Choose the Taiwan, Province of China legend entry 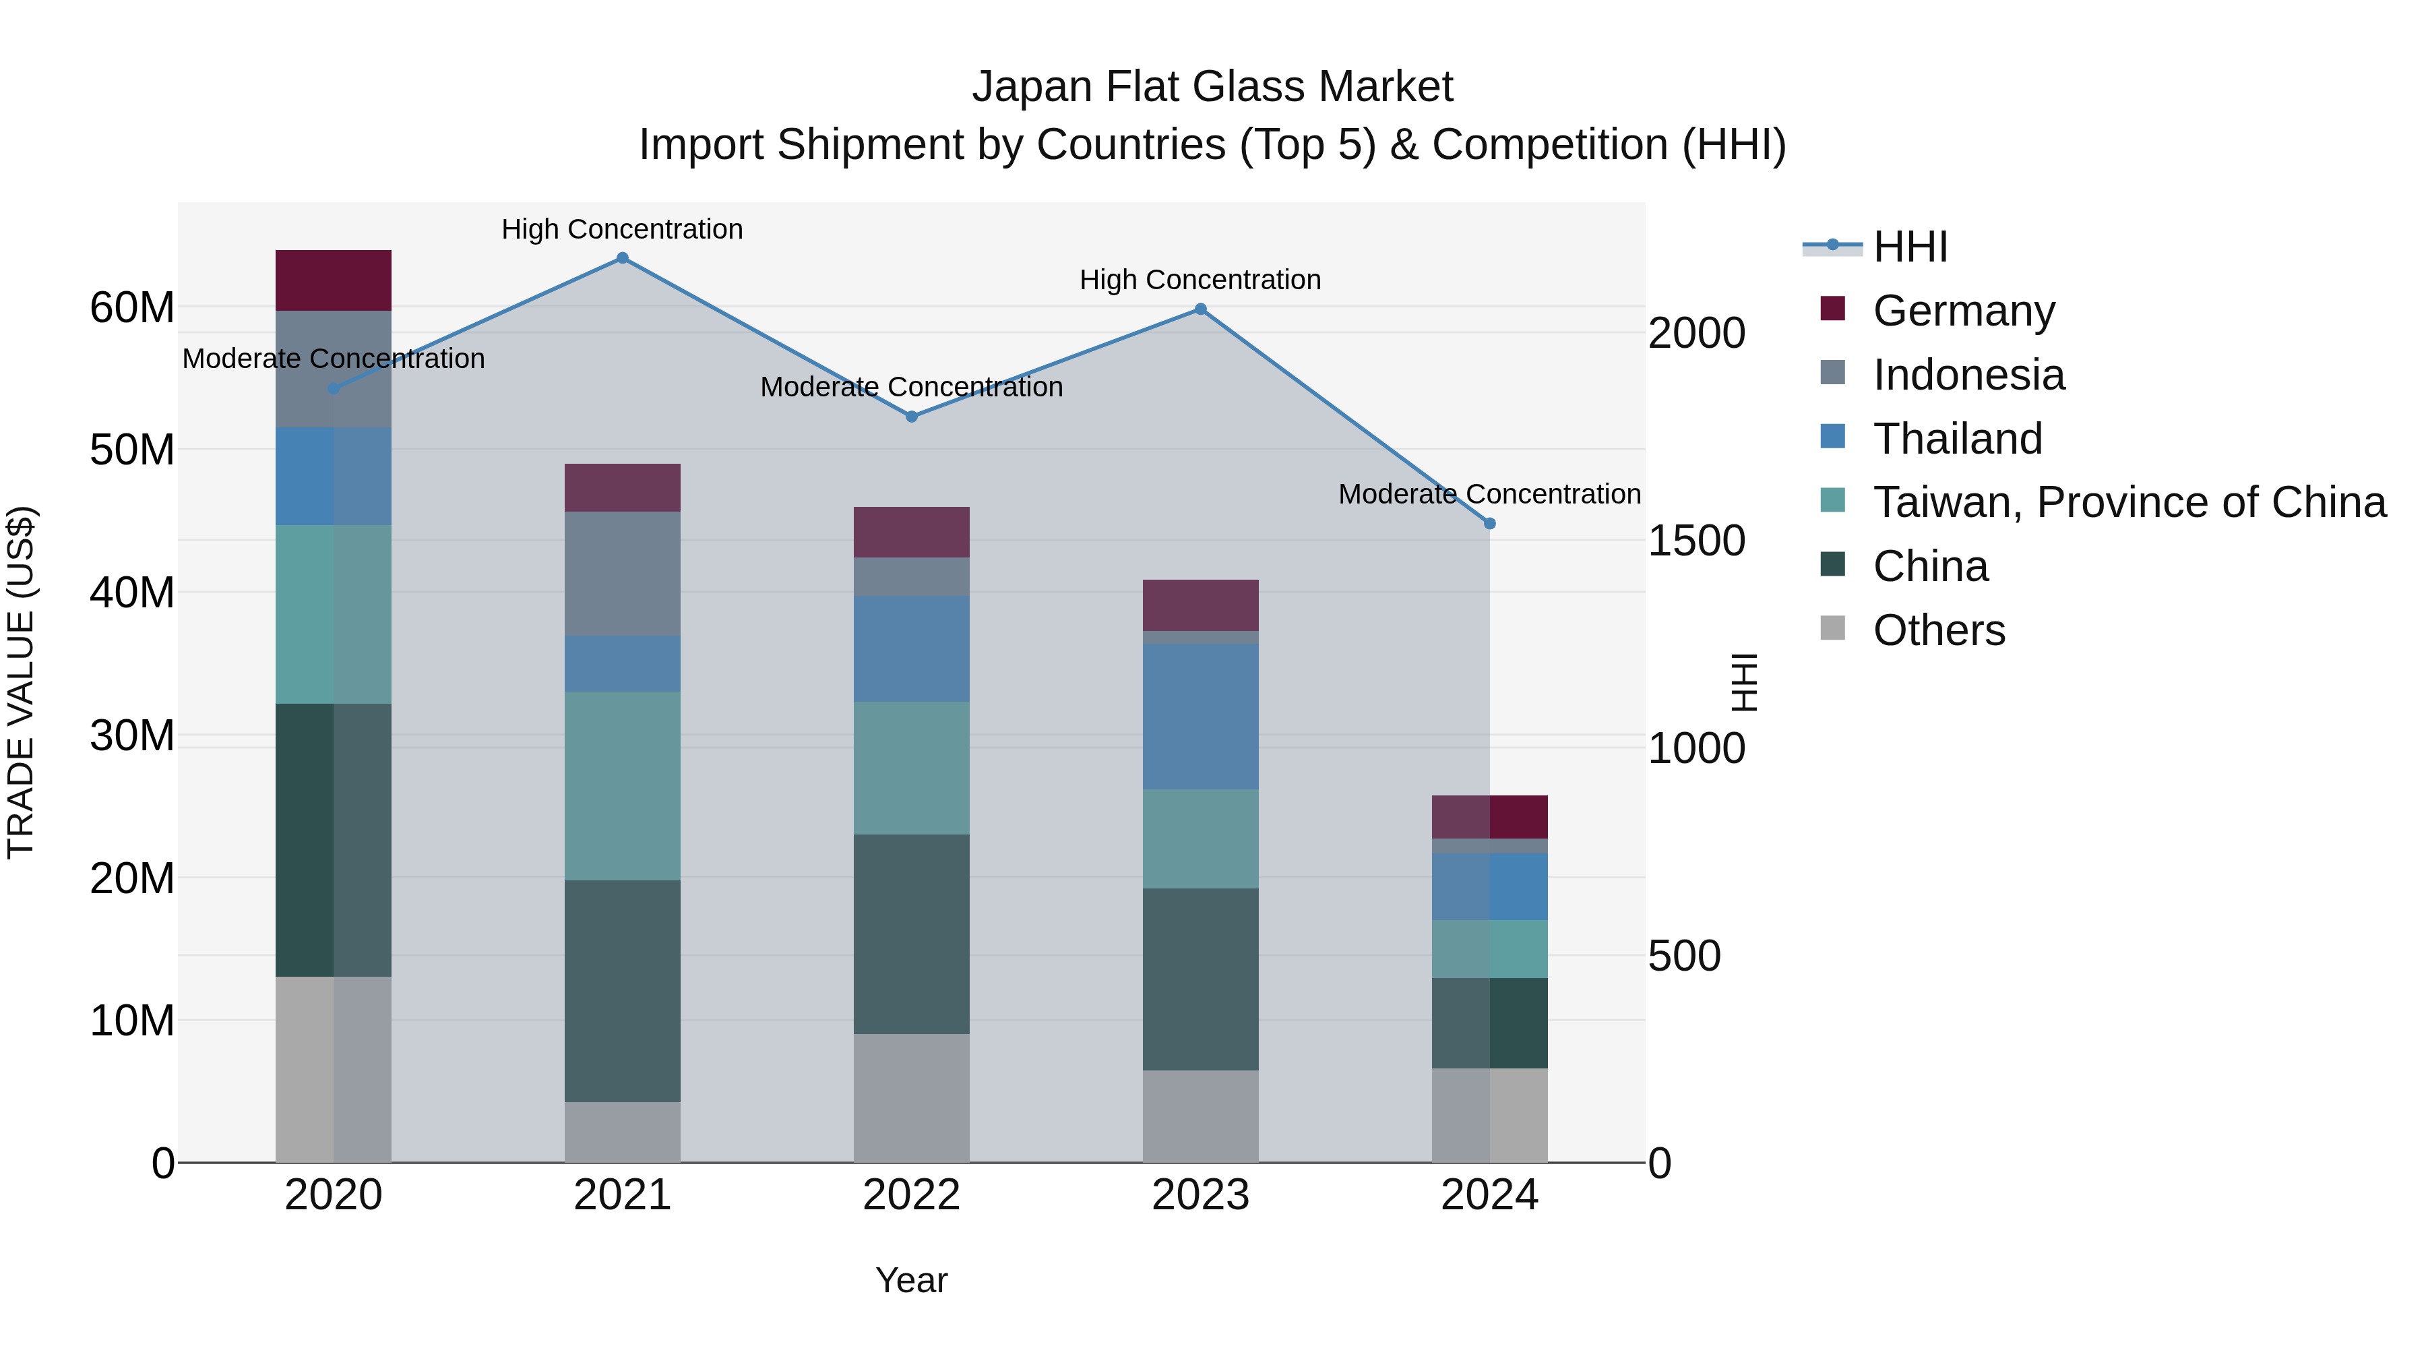(2128, 502)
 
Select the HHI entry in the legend (1910, 247)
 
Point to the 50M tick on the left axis (132, 450)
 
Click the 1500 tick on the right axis (1696, 541)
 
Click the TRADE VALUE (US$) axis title (21, 682)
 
